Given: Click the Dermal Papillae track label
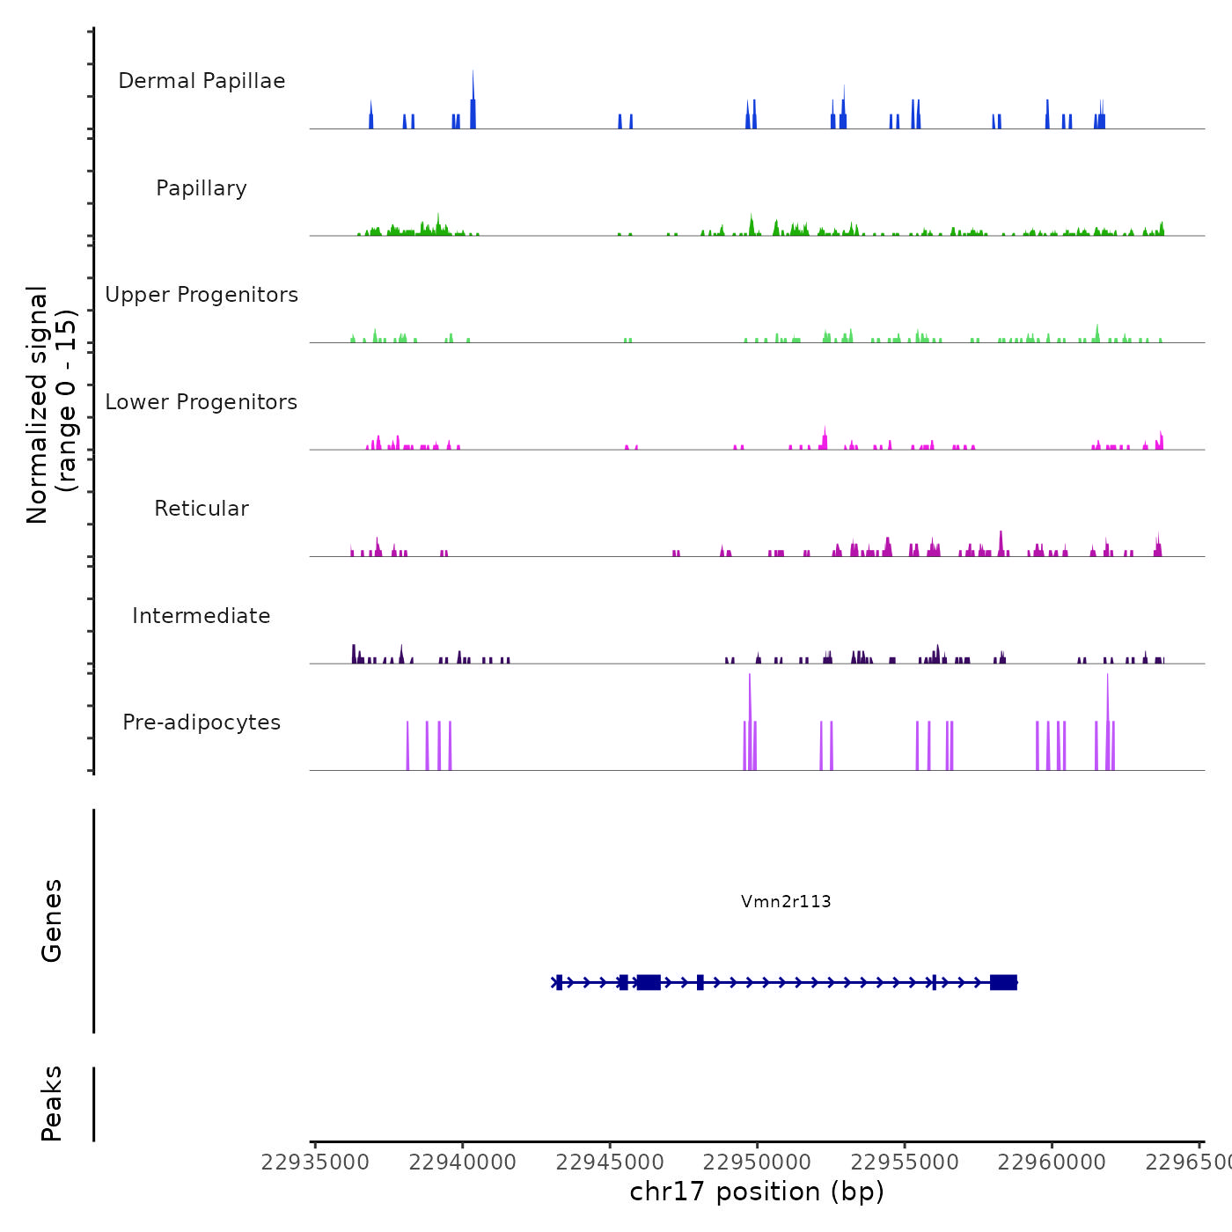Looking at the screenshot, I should pyautogui.click(x=202, y=81).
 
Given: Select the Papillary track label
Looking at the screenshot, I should pyautogui.click(x=202, y=188).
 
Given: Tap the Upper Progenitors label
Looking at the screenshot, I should pyautogui.click(x=202, y=295).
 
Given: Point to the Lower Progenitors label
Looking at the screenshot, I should pyautogui.click(x=202, y=402).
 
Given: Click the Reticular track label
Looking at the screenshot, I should pyautogui.click(x=202, y=509).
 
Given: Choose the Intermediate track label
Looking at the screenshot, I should pyautogui.click(x=202, y=616).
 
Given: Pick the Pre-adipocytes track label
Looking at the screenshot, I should pyautogui.click(x=202, y=722).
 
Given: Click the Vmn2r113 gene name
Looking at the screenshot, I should pyautogui.click(x=786, y=901).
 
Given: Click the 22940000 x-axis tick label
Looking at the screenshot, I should pyautogui.click(x=463, y=1162).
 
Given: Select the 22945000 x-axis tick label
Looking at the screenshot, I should pyautogui.click(x=610, y=1162).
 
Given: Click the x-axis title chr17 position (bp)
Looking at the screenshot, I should pyautogui.click(x=757, y=1192).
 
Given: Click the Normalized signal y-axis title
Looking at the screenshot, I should pyautogui.click(x=51, y=404).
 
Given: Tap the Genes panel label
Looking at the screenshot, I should pyautogui.click(x=52, y=920).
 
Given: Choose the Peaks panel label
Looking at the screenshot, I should pyautogui.click(x=52, y=1104).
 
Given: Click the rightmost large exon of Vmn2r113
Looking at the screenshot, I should pyautogui.click(x=1003, y=982).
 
